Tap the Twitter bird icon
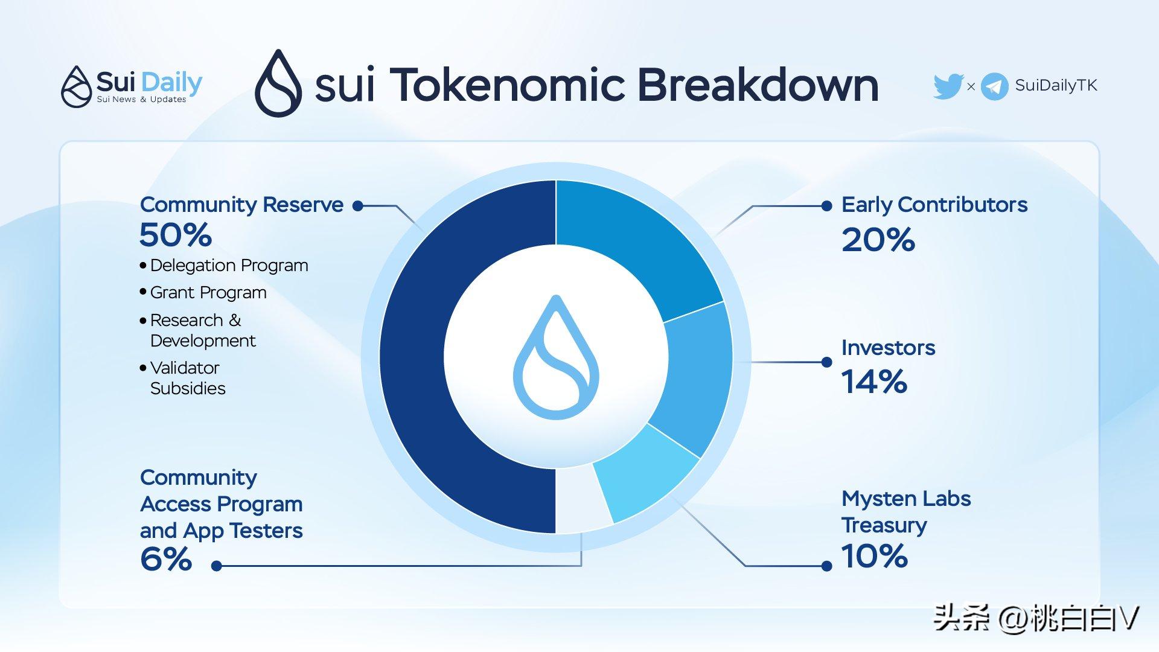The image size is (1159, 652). (x=948, y=86)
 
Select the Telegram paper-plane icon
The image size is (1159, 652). (x=995, y=86)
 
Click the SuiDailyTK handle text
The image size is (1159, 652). (x=1056, y=86)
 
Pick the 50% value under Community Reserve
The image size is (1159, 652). (x=176, y=235)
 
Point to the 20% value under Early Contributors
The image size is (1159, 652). (x=878, y=240)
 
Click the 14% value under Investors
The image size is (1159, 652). (x=874, y=382)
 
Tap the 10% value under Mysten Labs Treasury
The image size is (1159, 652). (x=875, y=556)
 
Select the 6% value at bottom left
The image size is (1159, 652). (x=166, y=559)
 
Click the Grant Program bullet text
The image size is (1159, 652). (x=208, y=293)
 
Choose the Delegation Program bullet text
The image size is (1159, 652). (x=229, y=266)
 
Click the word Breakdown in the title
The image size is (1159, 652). (x=758, y=85)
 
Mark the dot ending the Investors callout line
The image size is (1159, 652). (x=827, y=362)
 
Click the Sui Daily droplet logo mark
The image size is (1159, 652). (x=77, y=87)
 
